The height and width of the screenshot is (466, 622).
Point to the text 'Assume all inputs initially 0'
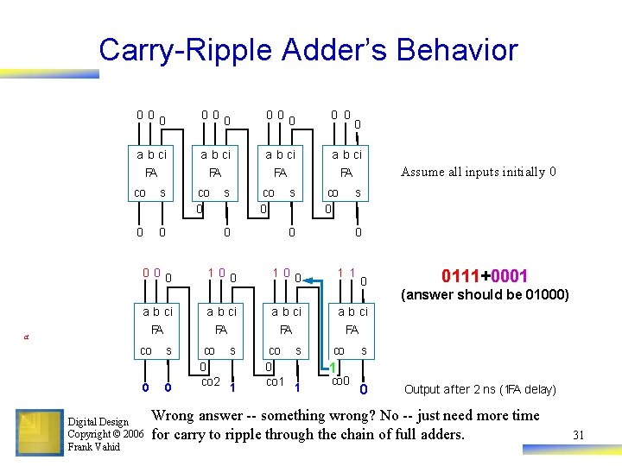click(x=478, y=172)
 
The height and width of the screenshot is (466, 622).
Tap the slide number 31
click(x=578, y=435)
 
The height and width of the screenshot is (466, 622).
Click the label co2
click(x=210, y=381)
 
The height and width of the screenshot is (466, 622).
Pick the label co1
click(x=275, y=381)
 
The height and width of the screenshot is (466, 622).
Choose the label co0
click(x=340, y=381)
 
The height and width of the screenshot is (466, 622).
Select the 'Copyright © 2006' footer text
click(x=105, y=434)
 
